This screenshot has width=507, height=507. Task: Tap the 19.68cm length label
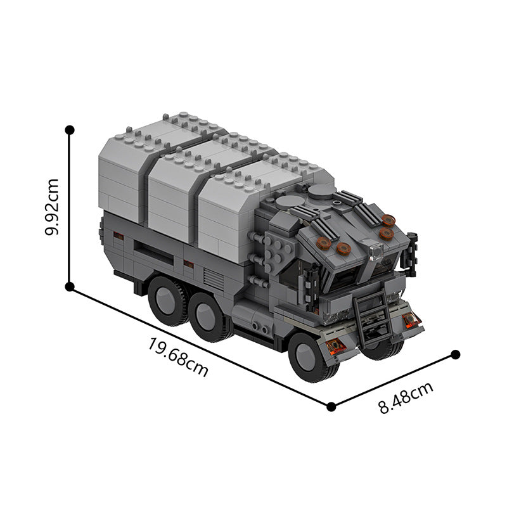(x=178, y=357)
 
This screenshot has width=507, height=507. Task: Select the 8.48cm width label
(x=406, y=397)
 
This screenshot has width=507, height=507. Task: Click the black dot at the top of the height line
(x=70, y=129)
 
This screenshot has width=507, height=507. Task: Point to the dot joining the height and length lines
(x=70, y=286)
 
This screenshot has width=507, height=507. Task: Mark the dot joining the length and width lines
(x=330, y=406)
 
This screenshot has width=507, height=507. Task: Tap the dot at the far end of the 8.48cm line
(x=455, y=354)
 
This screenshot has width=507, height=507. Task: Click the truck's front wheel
(x=311, y=357)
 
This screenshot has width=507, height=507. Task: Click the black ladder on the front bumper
(x=372, y=314)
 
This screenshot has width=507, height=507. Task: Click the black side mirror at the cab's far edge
(x=413, y=244)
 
